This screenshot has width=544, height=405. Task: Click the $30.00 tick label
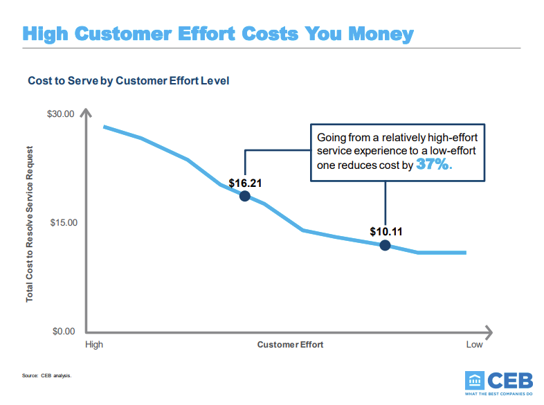[x=60, y=114]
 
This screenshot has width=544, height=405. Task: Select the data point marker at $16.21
[x=244, y=196]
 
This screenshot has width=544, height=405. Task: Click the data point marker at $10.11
[x=385, y=245]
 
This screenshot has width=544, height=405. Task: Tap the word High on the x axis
[x=93, y=344]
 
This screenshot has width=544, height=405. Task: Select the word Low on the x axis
[x=474, y=344]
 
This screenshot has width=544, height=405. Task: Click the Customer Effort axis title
[x=290, y=344]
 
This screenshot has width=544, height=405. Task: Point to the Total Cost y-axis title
[x=30, y=223]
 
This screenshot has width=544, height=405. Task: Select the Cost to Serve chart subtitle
[x=128, y=81]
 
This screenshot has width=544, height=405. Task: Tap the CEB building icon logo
[x=476, y=381]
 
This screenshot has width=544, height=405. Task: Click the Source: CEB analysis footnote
[x=46, y=376]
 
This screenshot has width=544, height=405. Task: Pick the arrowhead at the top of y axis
[x=85, y=113]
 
